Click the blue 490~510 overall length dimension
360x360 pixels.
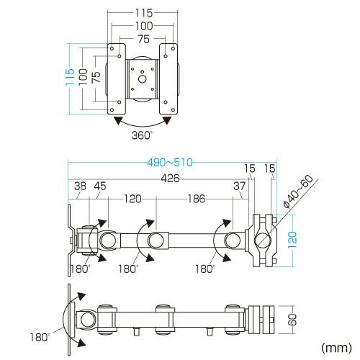click(x=170, y=163)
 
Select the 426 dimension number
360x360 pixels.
click(x=170, y=179)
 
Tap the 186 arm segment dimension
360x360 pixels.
click(x=197, y=199)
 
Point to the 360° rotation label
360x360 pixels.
click(x=142, y=135)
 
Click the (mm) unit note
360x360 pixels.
click(x=336, y=347)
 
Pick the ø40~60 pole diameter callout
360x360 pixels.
click(x=298, y=191)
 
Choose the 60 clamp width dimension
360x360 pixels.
click(x=293, y=320)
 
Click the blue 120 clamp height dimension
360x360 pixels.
click(x=292, y=240)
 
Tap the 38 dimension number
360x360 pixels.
click(x=80, y=186)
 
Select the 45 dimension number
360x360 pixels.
click(x=100, y=186)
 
